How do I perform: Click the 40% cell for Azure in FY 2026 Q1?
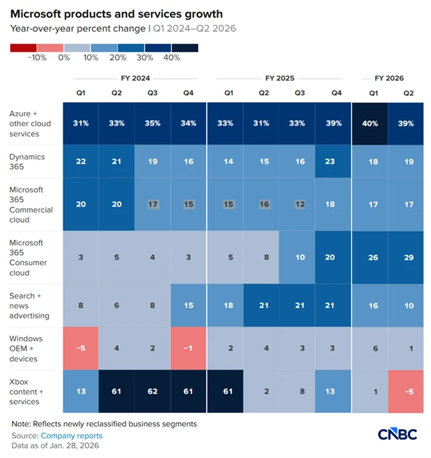click(370, 124)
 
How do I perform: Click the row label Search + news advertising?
click(32, 305)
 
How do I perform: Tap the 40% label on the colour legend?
click(172, 58)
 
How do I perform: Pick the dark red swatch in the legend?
click(24, 48)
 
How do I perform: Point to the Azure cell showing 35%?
click(152, 124)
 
